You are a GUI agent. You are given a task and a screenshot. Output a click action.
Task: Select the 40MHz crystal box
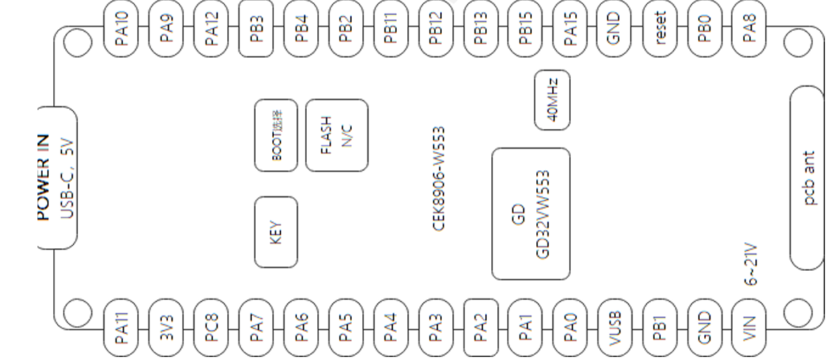pyautogui.click(x=552, y=100)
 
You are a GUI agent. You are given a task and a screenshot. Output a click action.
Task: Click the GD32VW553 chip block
pyautogui.click(x=530, y=213)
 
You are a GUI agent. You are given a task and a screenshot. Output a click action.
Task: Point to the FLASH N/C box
pyautogui.click(x=337, y=136)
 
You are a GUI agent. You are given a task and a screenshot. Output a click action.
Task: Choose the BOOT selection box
pyautogui.click(x=277, y=136)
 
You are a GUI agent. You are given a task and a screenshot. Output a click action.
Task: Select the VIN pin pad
pyautogui.click(x=747, y=328)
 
